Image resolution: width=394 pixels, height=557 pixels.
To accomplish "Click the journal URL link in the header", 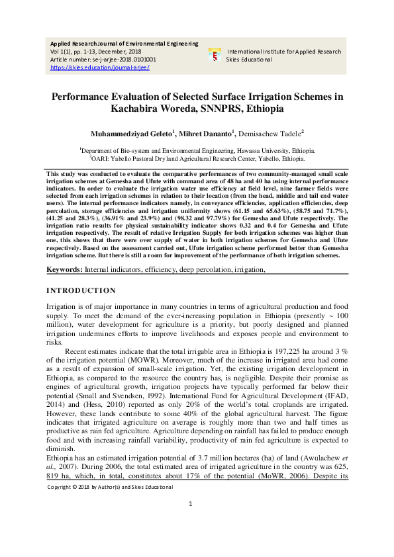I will click(x=90, y=67).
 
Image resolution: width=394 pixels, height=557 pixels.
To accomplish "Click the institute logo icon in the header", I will click(x=215, y=55).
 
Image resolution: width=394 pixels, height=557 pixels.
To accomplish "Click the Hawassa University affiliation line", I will click(x=197, y=150).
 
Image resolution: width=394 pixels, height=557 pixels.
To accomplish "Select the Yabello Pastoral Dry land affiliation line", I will click(x=197, y=159).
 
